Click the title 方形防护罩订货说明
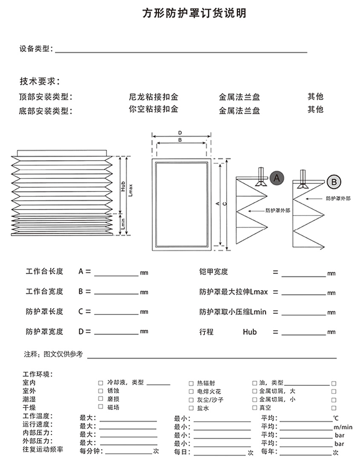coord(194,14)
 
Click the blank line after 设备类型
coord(181,51)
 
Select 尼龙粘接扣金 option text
coord(153,97)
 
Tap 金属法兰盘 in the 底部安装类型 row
coord(239,111)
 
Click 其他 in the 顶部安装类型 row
coord(316,96)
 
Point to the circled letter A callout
coord(276,178)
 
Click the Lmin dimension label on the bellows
coord(123,224)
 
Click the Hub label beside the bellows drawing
coord(123,187)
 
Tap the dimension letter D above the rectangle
coord(180,133)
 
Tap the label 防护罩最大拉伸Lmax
coord(233,292)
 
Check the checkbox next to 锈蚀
coord(101,390)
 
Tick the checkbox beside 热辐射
coord(191,383)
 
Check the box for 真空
coord(255,407)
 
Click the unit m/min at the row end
coord(343,427)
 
